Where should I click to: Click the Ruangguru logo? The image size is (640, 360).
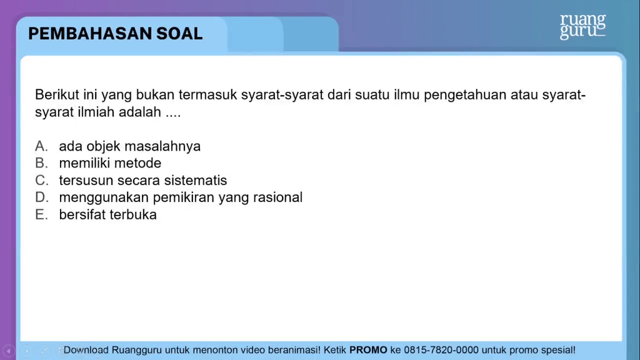tap(582, 27)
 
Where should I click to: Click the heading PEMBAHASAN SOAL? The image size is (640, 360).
tap(116, 34)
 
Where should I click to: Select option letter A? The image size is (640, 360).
tap(41, 146)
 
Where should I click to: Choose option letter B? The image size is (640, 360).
tap(41, 163)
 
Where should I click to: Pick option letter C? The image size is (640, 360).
tap(41, 181)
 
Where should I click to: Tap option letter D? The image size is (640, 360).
tap(41, 197)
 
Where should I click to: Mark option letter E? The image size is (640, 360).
tap(41, 215)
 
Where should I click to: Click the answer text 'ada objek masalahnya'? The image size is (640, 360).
tap(130, 146)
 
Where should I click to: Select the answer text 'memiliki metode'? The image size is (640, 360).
tap(110, 163)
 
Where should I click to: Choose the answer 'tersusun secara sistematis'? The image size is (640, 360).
tap(143, 181)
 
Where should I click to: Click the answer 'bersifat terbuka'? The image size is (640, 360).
tap(108, 215)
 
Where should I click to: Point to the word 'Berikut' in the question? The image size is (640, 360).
tap(54, 95)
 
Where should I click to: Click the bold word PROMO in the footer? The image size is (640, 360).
tap(368, 350)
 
